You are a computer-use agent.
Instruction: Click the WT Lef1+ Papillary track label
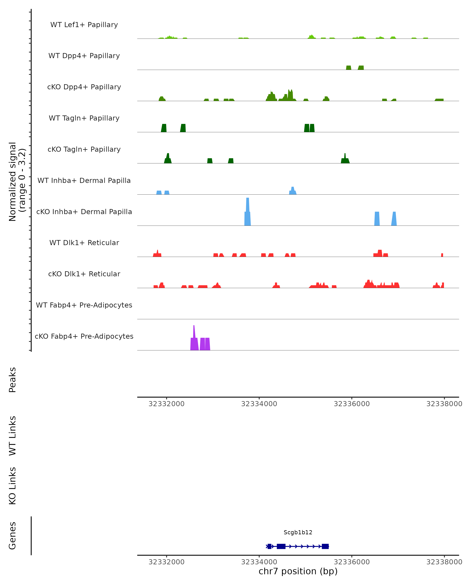point(84,25)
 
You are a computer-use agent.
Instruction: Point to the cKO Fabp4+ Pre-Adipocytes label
point(84,336)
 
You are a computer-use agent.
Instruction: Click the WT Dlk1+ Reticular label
point(84,243)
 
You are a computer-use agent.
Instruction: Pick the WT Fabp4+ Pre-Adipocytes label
point(84,305)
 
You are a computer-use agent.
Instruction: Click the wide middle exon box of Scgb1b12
point(281,546)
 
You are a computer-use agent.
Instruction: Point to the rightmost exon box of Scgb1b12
point(325,546)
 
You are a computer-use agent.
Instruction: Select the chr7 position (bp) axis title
point(298,571)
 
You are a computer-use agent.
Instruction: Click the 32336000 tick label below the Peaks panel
point(352,404)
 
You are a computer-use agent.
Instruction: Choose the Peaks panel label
point(12,380)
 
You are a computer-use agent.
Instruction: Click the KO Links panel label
point(12,486)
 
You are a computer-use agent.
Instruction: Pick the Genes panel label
point(12,536)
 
